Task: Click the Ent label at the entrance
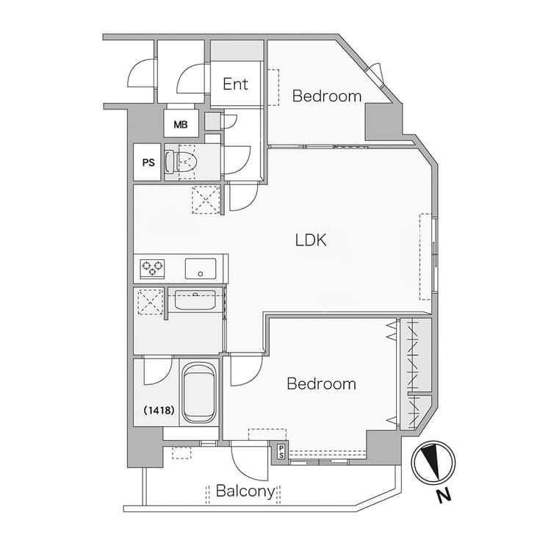pos(235,84)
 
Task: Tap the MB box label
pos(181,124)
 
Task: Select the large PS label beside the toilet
pos(148,162)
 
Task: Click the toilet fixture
pos(180,162)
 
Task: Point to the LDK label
pos(311,240)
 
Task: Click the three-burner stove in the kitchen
pos(153,268)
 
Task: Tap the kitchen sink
pos(201,269)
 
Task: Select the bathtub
pos(199,393)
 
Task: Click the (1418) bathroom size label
pos(159,410)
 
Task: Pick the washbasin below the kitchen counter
pos(195,300)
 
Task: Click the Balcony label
pos(245,491)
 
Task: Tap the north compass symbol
pos(433,462)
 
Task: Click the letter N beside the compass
pos(444,495)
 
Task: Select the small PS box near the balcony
pos(281,452)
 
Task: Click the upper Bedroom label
pos(327,96)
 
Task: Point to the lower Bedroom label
pos(321,383)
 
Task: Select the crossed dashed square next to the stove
pos(151,301)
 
